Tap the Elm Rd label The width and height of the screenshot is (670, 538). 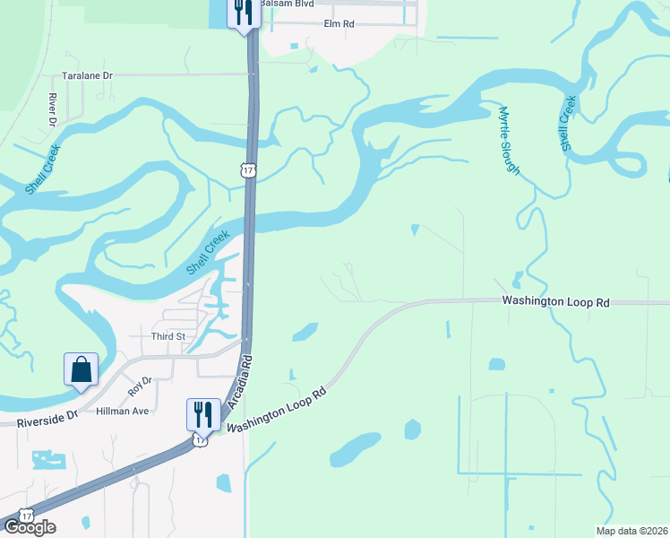click(x=340, y=23)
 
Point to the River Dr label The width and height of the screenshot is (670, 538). click(x=53, y=108)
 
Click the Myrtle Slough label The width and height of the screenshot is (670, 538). click(x=509, y=140)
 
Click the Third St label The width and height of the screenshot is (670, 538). click(x=167, y=336)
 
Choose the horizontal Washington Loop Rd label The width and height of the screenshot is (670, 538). click(x=555, y=302)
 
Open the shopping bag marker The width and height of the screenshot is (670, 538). click(x=81, y=369)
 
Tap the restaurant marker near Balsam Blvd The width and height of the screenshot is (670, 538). click(x=243, y=12)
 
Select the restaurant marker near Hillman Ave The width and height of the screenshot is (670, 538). click(x=202, y=413)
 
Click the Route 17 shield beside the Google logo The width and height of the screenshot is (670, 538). click(x=27, y=514)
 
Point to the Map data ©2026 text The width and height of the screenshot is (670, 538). click(x=631, y=531)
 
